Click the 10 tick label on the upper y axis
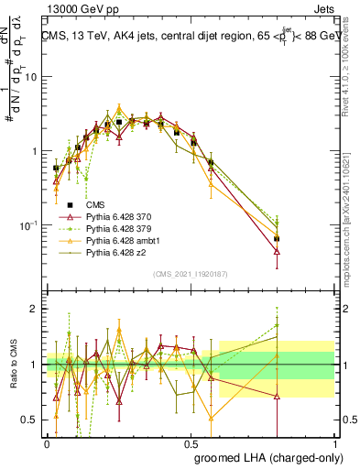coord(33,76)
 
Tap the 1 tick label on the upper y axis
coord(36,150)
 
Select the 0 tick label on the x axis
coord(47,442)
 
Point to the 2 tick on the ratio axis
coord(35,309)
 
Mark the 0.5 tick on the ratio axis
coord(31,420)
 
